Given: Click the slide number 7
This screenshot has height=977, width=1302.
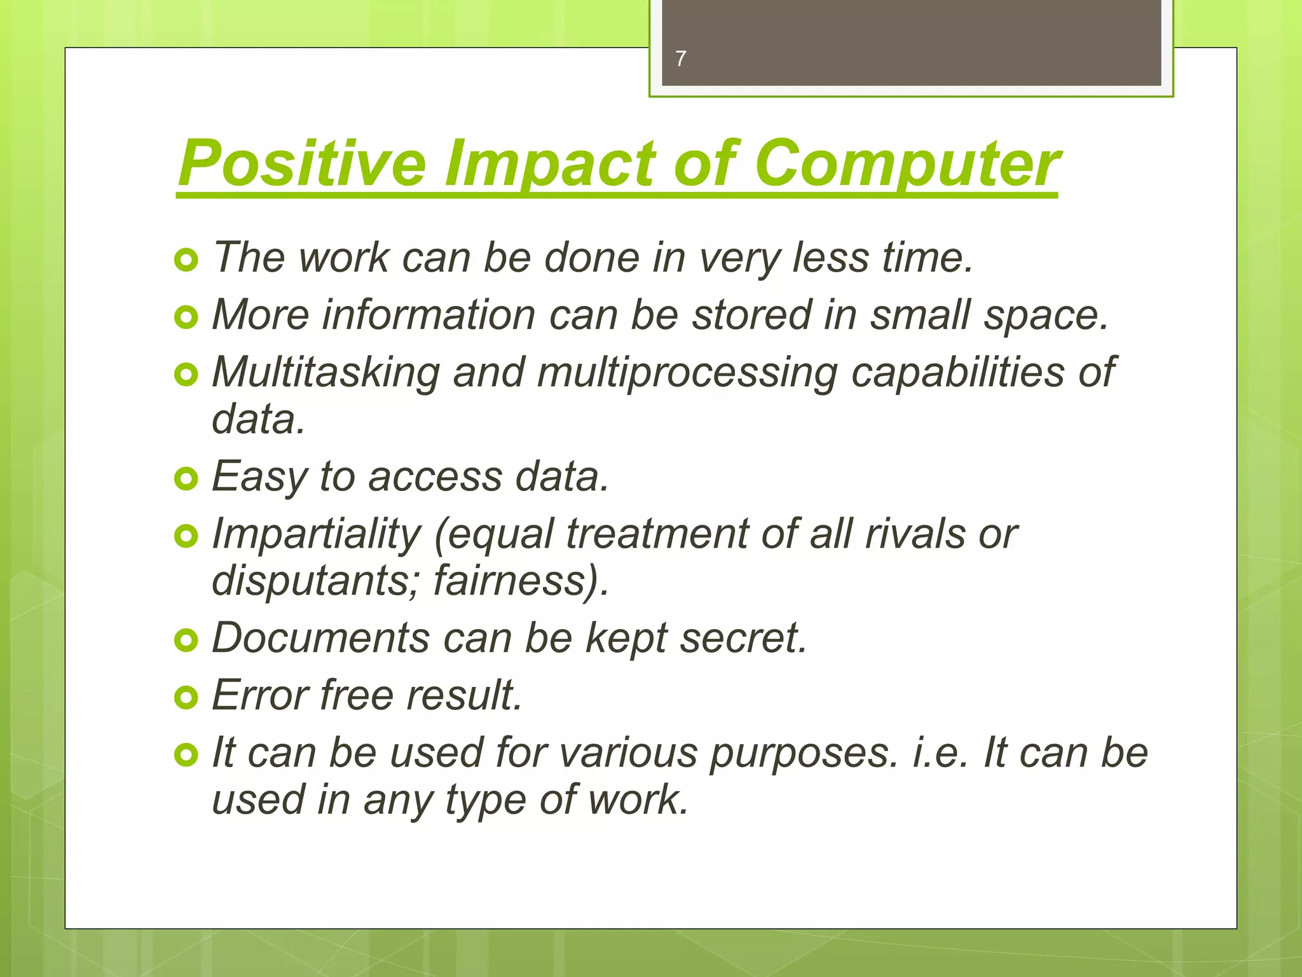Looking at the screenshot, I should pos(681,59).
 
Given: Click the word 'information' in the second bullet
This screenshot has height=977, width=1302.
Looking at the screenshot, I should pos(429,315).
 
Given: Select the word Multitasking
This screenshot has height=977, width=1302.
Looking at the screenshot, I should pos(325,372).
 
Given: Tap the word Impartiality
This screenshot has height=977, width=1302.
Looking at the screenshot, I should pos(316,534).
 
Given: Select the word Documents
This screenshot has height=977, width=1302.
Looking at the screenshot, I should pos(320,638).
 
